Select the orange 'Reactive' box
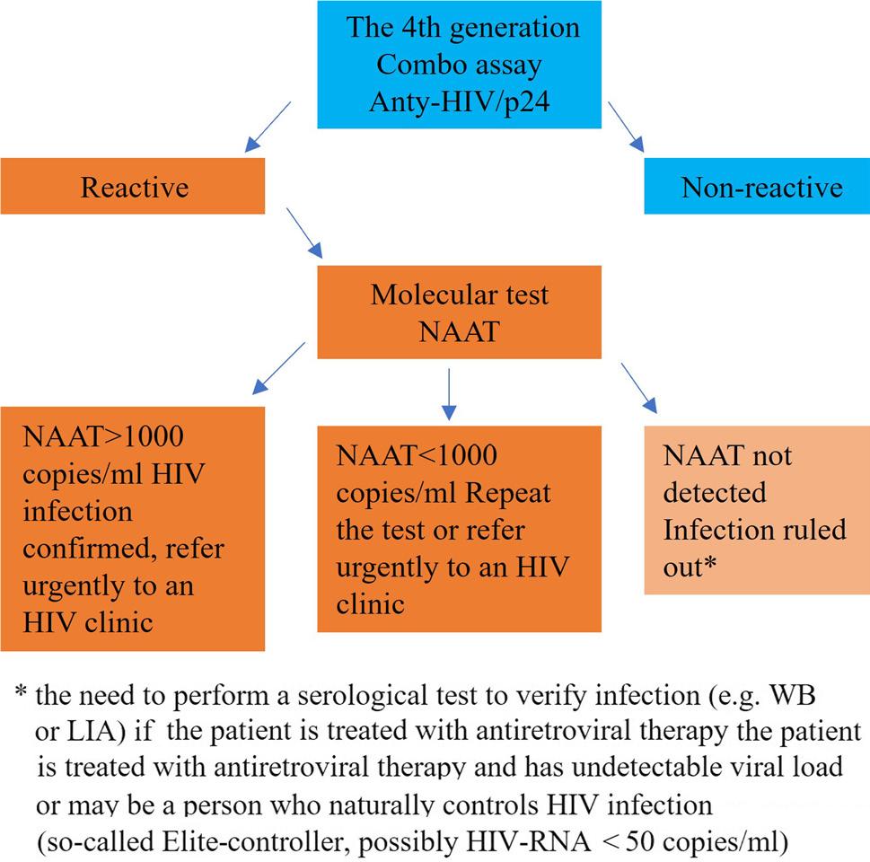click(133, 186)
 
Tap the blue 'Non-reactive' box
click(757, 188)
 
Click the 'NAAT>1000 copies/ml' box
click(133, 528)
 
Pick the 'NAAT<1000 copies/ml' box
click(459, 528)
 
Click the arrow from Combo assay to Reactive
click(266, 126)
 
